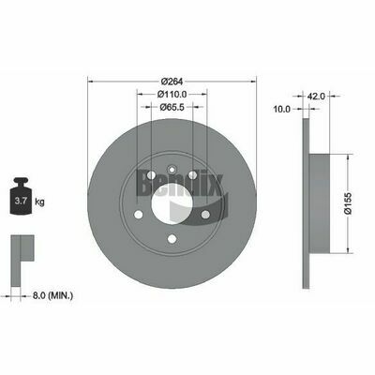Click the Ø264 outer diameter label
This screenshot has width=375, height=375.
coord(172,82)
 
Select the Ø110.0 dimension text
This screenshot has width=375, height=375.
coord(172,94)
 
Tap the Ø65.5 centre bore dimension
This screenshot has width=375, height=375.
coord(172,107)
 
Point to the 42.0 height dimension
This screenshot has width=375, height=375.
coord(316,97)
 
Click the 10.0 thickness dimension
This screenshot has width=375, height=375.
coord(282,109)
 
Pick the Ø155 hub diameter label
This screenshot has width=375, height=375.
coord(348,203)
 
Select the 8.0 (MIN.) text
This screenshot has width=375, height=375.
coord(52,295)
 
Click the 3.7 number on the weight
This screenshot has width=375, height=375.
coord(21,202)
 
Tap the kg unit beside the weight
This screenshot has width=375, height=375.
coord(39,202)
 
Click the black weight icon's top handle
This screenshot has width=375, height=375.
coord(21,182)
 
